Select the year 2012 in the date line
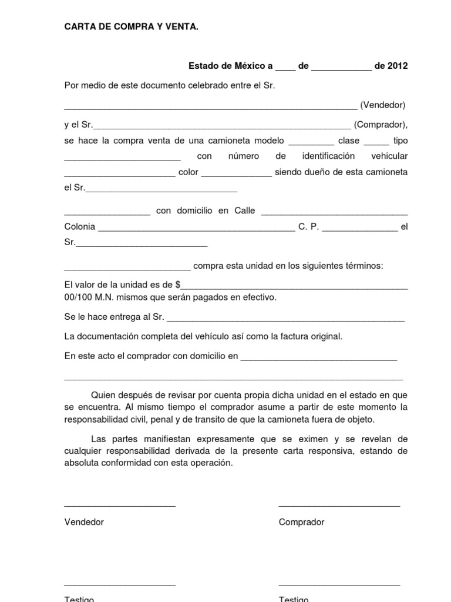tap(397, 66)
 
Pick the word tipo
tap(400, 141)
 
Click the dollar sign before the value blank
tap(177, 285)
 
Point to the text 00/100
tap(77, 297)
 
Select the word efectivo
tap(257, 297)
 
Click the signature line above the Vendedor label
tap(119, 506)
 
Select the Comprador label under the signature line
tap(301, 522)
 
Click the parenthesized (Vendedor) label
tap(383, 105)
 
